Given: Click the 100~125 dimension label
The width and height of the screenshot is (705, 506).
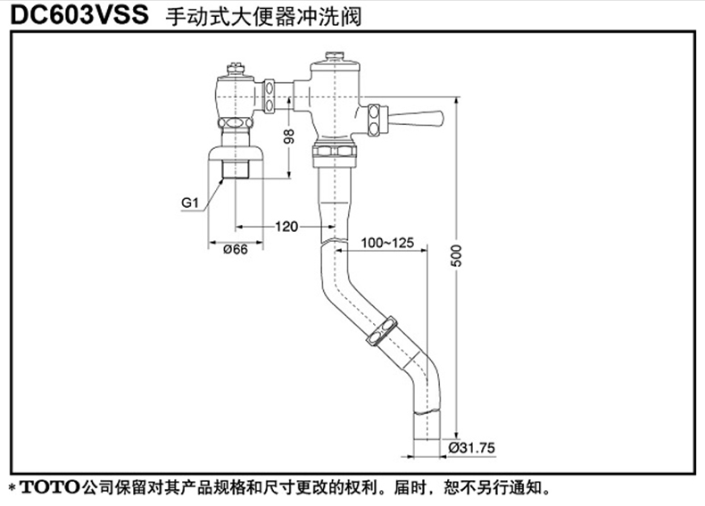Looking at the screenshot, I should tap(386, 243).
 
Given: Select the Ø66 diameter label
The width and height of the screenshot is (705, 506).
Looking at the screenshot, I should tap(235, 251).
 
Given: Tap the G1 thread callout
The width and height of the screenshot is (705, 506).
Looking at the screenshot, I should tap(188, 203).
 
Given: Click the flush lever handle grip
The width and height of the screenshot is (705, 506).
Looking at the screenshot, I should tap(421, 118).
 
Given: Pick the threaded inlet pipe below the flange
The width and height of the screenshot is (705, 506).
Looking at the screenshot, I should tap(235, 168).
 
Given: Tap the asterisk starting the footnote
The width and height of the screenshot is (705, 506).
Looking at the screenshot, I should tap(12, 489).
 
